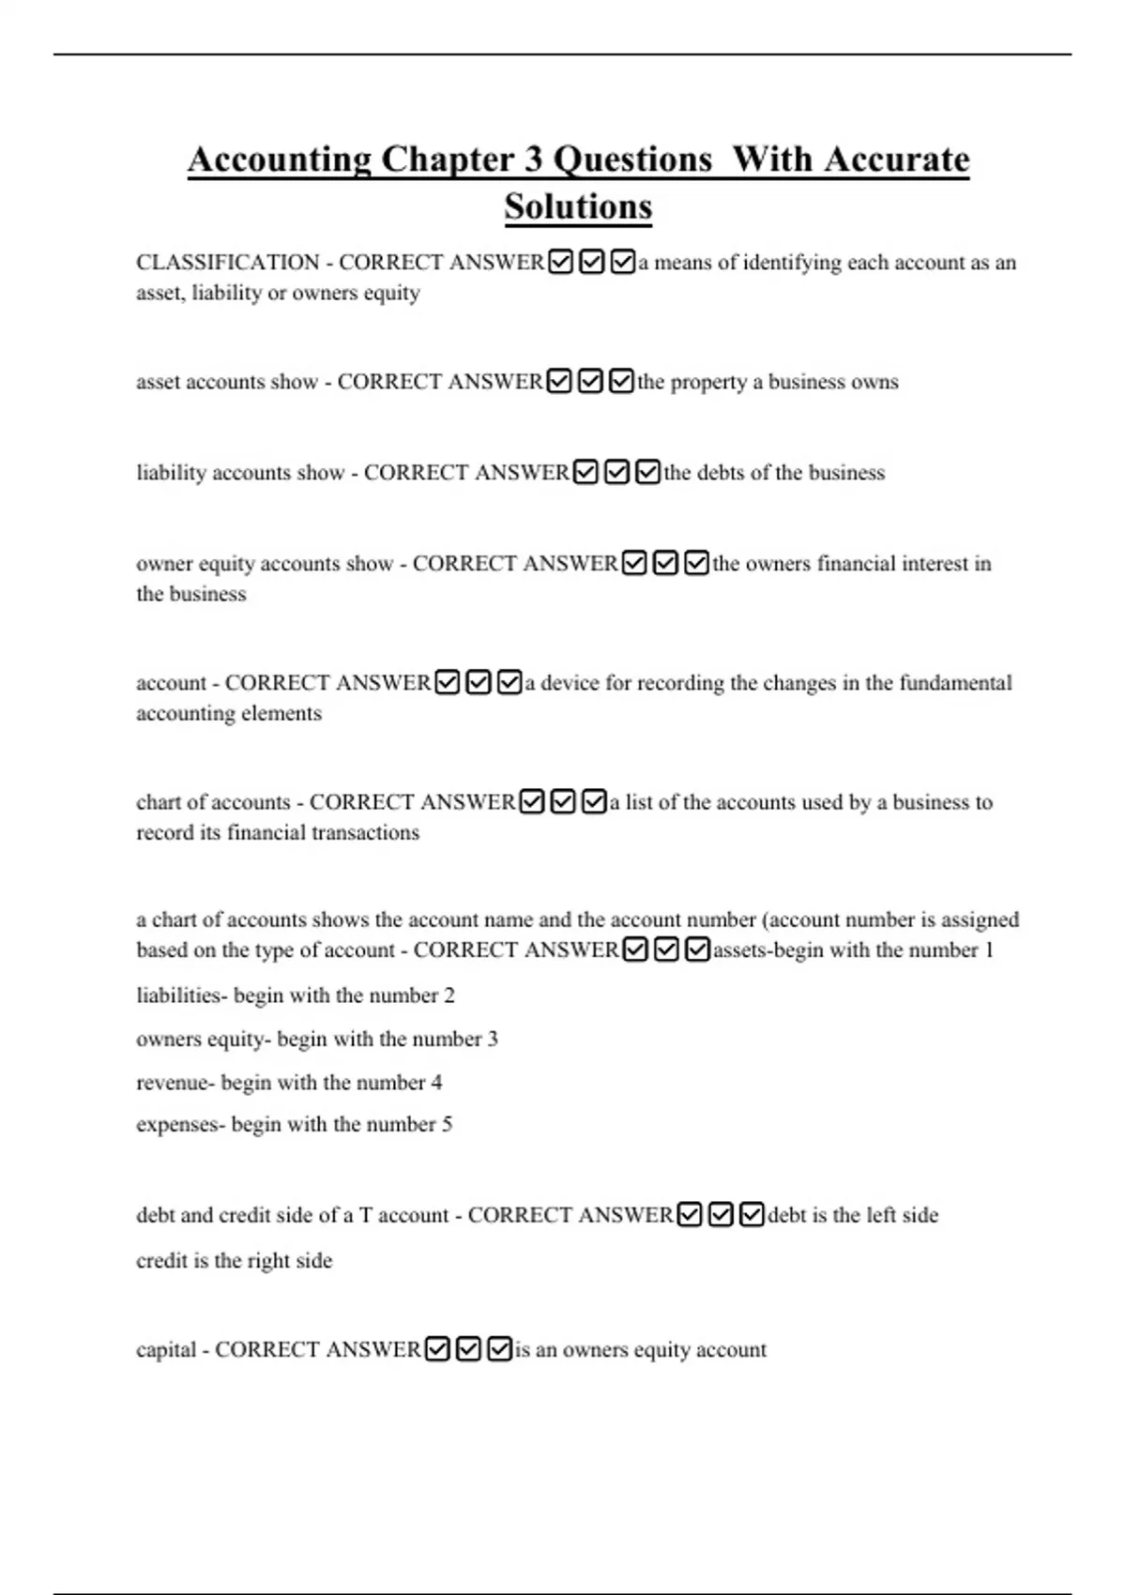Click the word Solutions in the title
coord(578,207)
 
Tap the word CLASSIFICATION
coord(227,263)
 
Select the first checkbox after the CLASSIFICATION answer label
coord(560,263)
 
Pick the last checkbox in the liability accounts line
coord(647,473)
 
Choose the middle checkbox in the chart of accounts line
coord(563,802)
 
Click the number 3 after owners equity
coord(493,1039)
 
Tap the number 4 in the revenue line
coord(436,1083)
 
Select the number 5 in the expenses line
coord(447,1124)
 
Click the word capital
coord(165,1350)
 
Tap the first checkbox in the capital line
coord(438,1350)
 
